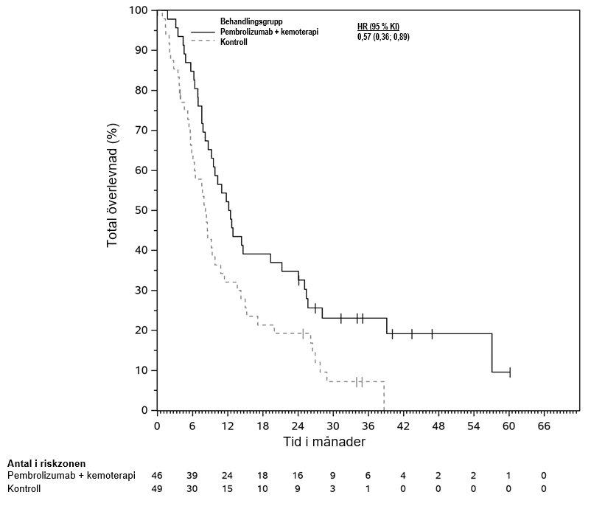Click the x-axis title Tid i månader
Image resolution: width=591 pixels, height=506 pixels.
(x=324, y=442)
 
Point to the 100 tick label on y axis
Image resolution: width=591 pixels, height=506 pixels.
(x=138, y=10)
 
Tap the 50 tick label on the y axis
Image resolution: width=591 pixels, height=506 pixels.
(x=141, y=210)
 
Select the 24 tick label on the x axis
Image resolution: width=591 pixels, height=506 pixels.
(x=298, y=426)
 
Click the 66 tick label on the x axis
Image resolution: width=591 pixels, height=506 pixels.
(x=544, y=426)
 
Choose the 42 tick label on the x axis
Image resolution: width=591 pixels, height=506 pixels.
(x=403, y=426)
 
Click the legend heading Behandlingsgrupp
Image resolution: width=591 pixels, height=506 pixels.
(x=251, y=22)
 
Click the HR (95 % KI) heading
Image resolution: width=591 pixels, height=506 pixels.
(x=378, y=27)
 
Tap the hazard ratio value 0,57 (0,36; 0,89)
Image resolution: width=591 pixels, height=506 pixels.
(x=383, y=36)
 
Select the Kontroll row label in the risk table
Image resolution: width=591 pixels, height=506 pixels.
(x=24, y=488)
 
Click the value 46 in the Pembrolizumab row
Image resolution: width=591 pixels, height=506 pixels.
(x=156, y=476)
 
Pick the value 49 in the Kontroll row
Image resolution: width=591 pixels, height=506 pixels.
(x=156, y=488)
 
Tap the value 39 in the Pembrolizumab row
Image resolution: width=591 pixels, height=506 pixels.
(x=192, y=476)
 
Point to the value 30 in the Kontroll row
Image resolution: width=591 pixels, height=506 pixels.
(x=192, y=488)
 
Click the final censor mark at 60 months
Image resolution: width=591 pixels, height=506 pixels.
(x=509, y=372)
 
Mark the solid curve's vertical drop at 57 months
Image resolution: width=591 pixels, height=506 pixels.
(x=492, y=353)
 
